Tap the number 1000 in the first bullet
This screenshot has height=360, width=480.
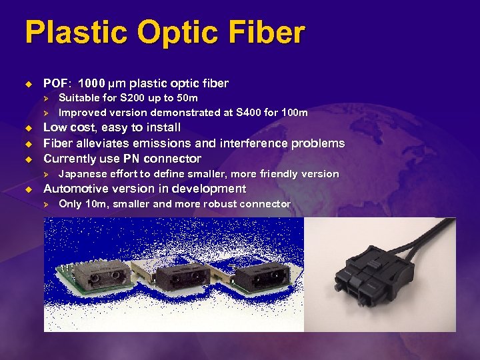pos(91,84)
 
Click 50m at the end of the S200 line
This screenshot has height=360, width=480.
pos(186,99)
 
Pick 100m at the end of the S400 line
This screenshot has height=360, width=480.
pos(295,113)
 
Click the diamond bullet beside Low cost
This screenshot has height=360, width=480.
pos(29,127)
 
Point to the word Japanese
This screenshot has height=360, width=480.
pos(83,174)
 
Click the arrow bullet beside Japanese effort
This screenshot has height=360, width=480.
pos(47,174)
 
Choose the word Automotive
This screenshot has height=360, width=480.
pos(75,189)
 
